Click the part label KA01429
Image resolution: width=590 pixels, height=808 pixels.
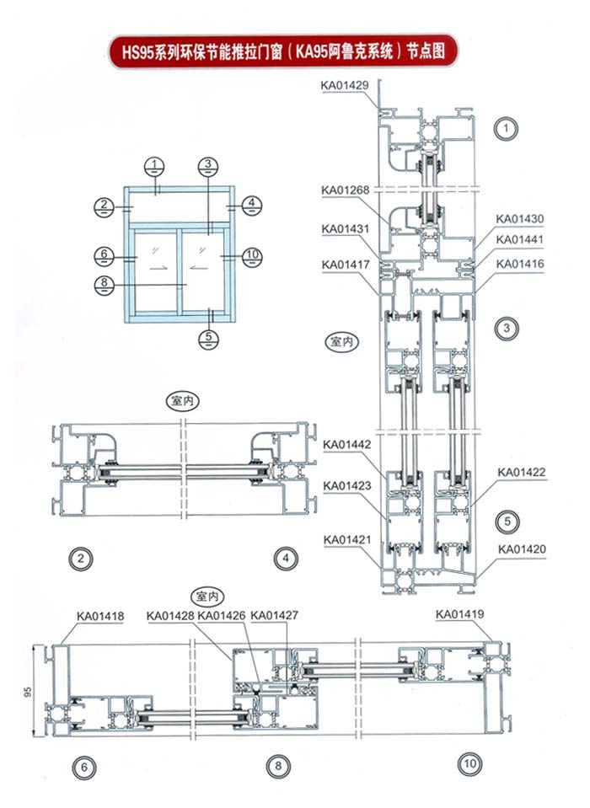[346, 84]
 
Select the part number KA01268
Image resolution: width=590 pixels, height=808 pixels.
[346, 190]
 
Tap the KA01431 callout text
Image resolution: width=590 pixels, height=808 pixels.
[346, 228]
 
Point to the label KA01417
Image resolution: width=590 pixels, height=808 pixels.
[346, 265]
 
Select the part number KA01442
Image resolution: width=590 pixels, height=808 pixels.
[346, 443]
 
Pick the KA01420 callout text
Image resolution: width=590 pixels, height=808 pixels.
[523, 549]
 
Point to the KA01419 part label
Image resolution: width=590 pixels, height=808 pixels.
[459, 614]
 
